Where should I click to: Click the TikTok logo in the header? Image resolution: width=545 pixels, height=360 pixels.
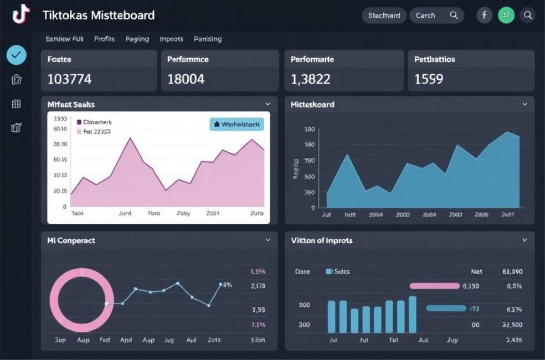pos(20,15)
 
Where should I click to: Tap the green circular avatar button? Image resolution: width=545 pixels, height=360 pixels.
pos(506,16)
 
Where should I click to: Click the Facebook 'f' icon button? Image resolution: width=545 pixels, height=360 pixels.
pos(484,16)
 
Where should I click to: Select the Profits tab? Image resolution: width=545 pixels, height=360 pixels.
pos(104,39)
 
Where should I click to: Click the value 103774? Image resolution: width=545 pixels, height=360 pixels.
pos(69,79)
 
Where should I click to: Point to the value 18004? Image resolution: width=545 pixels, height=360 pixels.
pos(186,79)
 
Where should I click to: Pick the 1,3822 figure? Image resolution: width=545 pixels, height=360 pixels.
pos(311,79)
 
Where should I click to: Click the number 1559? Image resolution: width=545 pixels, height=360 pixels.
pos(429,79)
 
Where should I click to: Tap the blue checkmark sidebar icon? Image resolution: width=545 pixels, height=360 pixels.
pos(17,55)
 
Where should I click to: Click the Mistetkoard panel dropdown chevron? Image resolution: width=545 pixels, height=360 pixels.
pos(525,104)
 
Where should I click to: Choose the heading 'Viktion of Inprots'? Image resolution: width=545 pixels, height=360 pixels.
pos(322,240)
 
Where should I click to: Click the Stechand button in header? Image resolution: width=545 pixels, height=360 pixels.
pos(384,16)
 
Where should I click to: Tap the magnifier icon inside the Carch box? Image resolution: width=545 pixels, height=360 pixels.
pos(454,16)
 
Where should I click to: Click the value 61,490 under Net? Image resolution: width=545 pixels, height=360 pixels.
pos(512,272)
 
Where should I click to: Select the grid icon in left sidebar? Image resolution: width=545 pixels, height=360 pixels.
pos(17,104)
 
